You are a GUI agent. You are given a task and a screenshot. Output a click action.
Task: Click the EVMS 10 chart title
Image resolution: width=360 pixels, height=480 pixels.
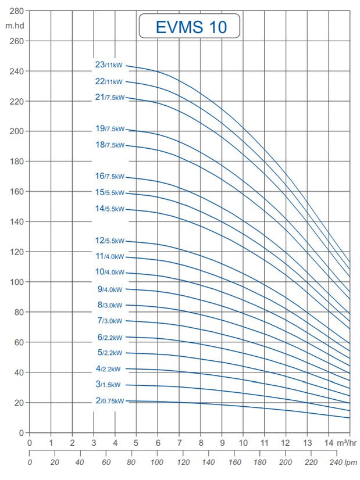(190, 27)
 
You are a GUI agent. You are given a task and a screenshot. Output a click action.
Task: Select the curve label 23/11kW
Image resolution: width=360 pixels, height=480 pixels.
(109, 66)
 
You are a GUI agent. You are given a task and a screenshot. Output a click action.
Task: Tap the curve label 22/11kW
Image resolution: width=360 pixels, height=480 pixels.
(109, 82)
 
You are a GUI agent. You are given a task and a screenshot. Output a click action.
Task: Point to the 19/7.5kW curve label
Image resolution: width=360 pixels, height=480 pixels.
(109, 129)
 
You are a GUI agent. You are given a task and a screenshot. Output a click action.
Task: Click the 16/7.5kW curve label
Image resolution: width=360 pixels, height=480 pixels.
(109, 176)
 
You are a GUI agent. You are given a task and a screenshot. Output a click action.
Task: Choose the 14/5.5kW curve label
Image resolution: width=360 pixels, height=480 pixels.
(109, 209)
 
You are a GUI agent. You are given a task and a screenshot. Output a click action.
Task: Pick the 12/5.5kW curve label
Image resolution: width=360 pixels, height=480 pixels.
(109, 241)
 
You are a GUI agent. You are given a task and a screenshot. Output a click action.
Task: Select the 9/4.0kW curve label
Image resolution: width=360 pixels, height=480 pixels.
(111, 289)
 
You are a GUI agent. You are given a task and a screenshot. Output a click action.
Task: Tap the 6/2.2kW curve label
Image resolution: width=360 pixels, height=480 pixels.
(111, 338)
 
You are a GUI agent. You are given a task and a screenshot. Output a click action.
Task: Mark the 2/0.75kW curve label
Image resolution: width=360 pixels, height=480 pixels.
(111, 401)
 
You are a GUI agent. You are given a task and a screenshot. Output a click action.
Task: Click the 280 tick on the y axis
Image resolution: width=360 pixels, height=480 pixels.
(17, 11)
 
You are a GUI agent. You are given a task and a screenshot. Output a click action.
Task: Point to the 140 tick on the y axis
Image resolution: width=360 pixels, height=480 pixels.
(17, 221)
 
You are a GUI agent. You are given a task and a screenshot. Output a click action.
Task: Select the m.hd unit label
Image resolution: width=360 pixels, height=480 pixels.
(15, 26)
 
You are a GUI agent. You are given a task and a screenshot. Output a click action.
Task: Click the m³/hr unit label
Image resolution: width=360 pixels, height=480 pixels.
(347, 443)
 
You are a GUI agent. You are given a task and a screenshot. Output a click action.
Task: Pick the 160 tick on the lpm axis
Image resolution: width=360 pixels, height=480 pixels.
(234, 463)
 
